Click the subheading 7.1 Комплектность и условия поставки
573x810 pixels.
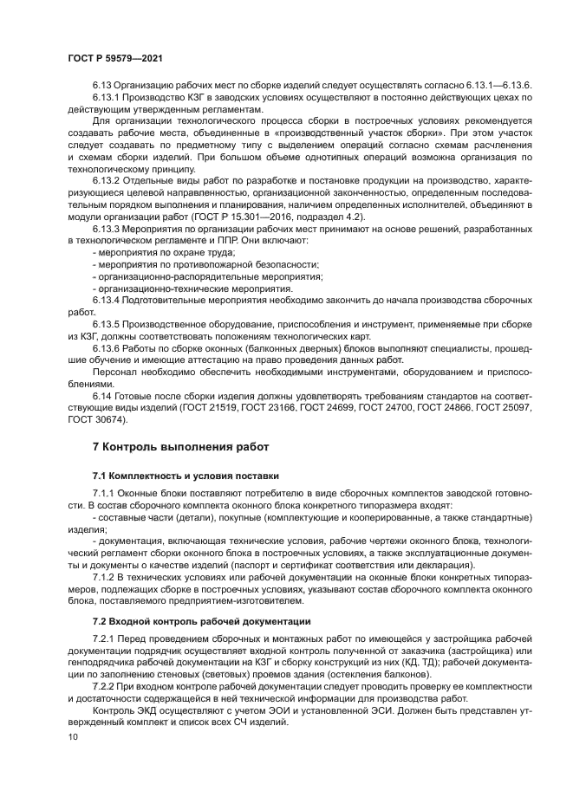pyautogui.click(x=186, y=476)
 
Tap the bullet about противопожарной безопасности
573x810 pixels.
pyautogui.click(x=205, y=263)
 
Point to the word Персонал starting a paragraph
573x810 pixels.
pyautogui.click(x=114, y=372)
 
